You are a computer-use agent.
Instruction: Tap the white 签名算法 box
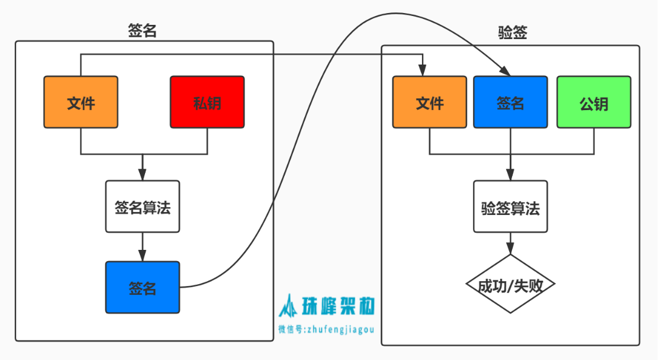point(142,207)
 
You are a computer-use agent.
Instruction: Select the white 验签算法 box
point(510,207)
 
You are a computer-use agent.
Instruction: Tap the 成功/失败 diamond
point(510,285)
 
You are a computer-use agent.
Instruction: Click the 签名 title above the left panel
point(142,31)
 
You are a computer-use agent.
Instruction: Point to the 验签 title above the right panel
point(513,33)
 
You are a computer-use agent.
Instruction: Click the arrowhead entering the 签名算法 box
point(142,176)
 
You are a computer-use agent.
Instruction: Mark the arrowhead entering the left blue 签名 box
point(142,256)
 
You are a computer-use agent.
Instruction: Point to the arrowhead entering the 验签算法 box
point(510,176)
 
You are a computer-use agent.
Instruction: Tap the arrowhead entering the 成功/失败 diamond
point(510,250)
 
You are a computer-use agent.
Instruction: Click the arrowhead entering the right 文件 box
point(421,72)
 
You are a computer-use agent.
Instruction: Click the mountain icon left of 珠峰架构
point(289,306)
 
